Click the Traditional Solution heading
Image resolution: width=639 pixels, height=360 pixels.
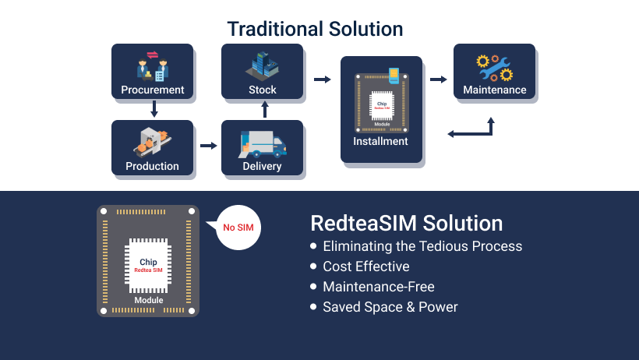(x=315, y=30)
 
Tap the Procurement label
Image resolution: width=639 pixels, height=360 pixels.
(x=153, y=90)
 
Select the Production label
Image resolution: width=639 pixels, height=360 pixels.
(x=152, y=166)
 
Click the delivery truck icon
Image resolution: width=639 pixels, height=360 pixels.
(x=263, y=144)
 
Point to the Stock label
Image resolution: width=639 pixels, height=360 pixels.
(x=263, y=90)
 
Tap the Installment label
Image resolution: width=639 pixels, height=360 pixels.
(x=380, y=141)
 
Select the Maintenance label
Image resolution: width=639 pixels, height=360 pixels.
(x=495, y=90)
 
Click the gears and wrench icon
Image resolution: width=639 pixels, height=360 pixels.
(x=495, y=65)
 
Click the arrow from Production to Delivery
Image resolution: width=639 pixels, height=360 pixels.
(x=208, y=146)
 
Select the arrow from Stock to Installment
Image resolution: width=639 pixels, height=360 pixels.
(x=322, y=79)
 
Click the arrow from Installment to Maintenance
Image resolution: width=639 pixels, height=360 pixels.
(x=438, y=79)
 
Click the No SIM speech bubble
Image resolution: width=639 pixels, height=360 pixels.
(x=239, y=228)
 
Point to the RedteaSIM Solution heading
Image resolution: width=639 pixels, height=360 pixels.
(x=406, y=224)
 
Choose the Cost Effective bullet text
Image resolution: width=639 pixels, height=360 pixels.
(x=365, y=266)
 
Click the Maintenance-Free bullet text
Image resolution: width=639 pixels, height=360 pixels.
(x=378, y=287)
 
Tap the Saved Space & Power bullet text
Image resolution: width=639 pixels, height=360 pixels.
(x=390, y=307)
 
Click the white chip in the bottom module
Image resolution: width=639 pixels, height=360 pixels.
(x=148, y=266)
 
